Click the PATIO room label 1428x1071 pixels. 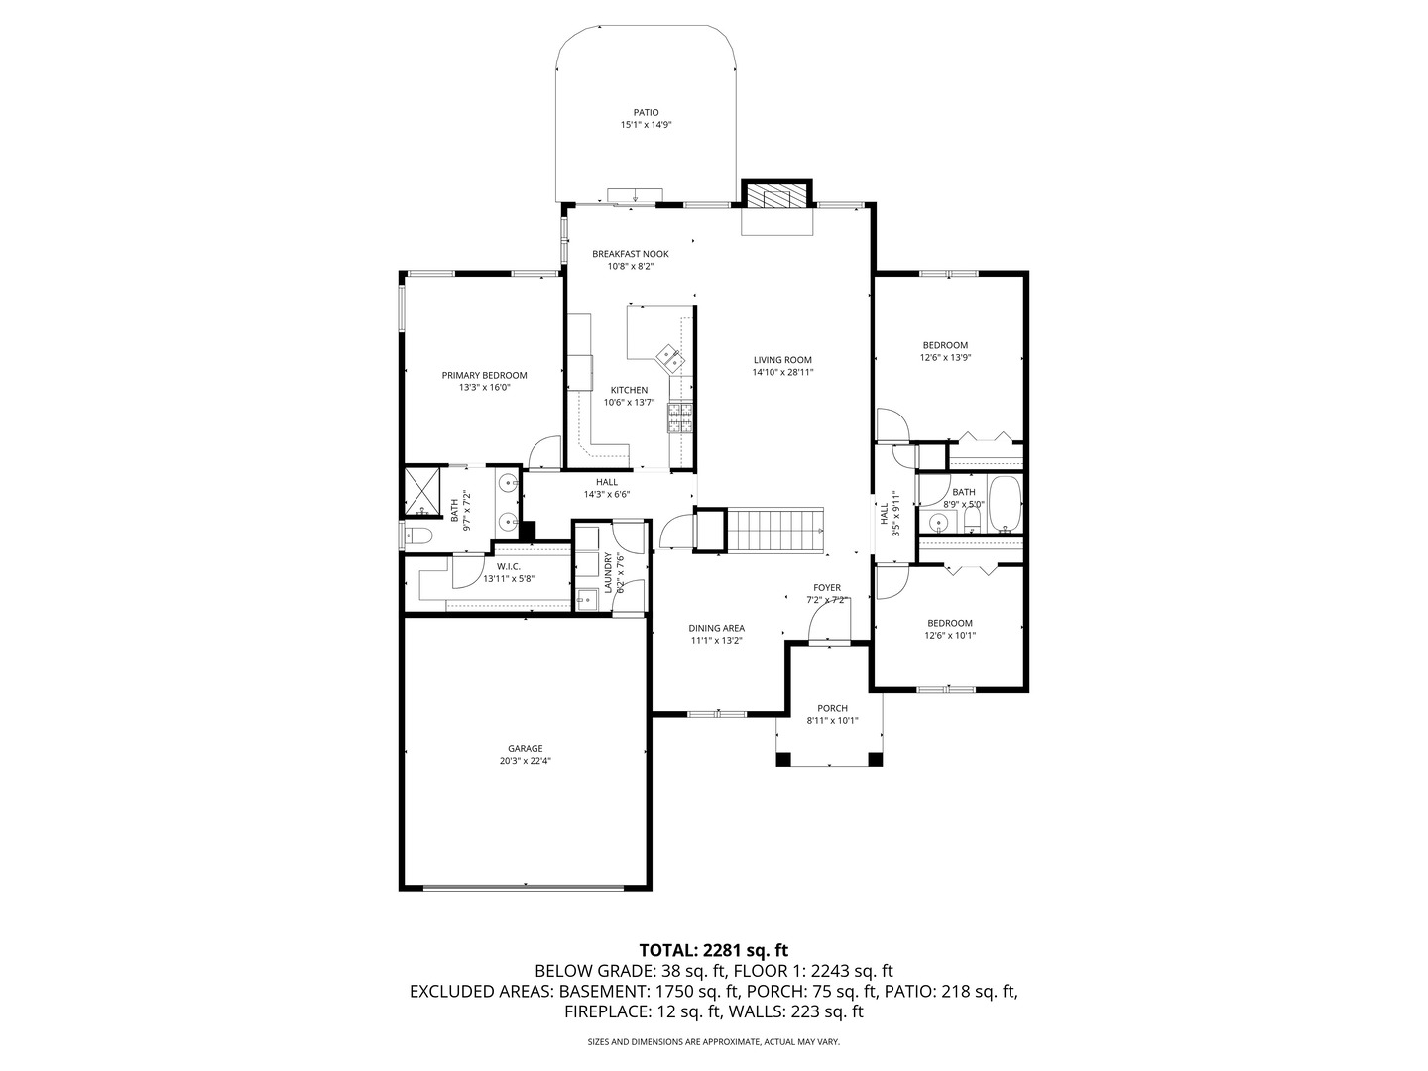coord(646,113)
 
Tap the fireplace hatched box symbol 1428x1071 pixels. coord(777,195)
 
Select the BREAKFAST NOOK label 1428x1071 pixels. coord(630,254)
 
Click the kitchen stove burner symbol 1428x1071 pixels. coord(680,417)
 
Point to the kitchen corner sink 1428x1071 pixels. coord(667,354)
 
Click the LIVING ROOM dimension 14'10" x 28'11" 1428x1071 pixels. coord(782,373)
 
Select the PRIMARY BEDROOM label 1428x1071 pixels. coord(484,376)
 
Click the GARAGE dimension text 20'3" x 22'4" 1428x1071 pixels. coord(525,762)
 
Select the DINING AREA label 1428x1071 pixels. coord(716,628)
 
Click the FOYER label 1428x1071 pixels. coord(827,587)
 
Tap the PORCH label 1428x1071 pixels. coord(832,708)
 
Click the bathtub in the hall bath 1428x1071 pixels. coord(1004,504)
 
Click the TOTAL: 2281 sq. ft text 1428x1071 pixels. coord(713,950)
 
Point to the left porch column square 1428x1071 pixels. coord(783,760)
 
